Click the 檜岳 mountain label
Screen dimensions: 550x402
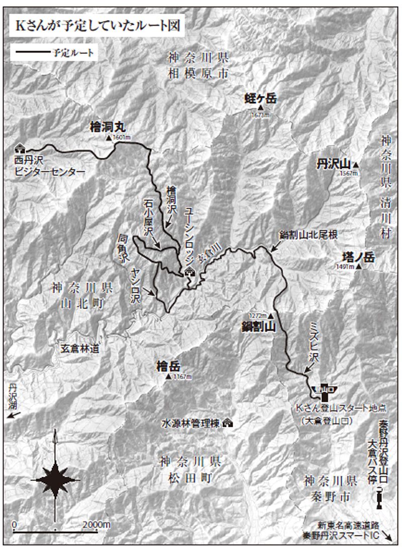point(168,367)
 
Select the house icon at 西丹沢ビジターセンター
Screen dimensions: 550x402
point(21,148)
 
